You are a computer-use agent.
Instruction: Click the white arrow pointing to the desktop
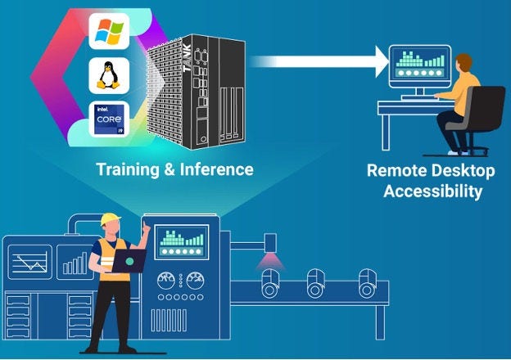coord(319,61)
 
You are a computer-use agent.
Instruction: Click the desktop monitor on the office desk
coord(418,64)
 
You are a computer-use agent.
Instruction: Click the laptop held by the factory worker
coord(129,260)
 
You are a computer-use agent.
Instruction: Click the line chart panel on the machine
coord(29,264)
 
